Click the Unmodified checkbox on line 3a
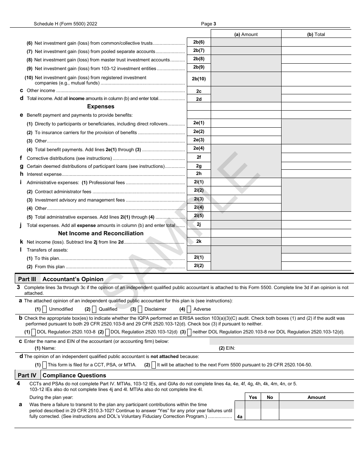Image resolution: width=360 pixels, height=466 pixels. (x=45, y=309)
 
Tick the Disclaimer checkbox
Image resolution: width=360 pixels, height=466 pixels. (x=140, y=309)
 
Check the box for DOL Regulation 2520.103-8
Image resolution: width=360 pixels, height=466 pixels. (x=34, y=332)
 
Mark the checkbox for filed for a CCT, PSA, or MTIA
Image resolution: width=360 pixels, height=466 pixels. (x=45, y=365)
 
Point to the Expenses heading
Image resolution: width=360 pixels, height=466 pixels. (x=100, y=106)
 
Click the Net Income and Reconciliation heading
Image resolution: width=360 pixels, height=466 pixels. (x=100, y=233)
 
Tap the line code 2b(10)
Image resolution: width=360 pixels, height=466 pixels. (x=199, y=79)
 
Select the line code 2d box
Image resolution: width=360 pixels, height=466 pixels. (x=199, y=99)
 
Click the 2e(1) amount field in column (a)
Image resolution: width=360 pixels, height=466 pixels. (x=246, y=123)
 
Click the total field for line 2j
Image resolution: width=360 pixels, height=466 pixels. (x=316, y=225)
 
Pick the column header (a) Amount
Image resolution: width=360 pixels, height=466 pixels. (x=246, y=34)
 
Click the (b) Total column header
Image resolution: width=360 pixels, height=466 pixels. (x=316, y=34)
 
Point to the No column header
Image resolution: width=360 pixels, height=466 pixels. (x=270, y=397)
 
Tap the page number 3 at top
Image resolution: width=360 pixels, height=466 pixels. (x=214, y=23)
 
